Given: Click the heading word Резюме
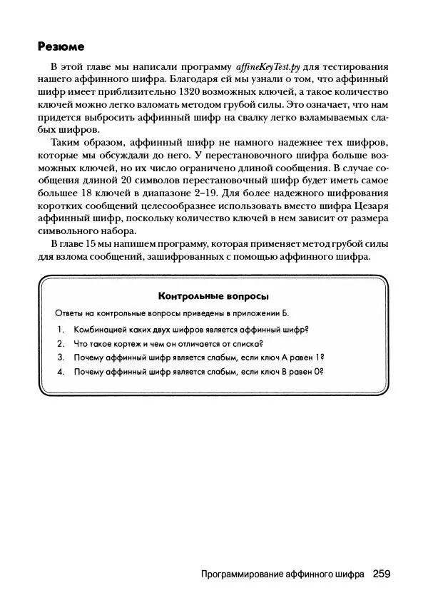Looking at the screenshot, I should pyautogui.click(x=61, y=47).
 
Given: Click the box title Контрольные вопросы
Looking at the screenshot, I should pyautogui.click(x=213, y=295).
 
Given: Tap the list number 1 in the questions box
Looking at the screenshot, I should pyautogui.click(x=61, y=329).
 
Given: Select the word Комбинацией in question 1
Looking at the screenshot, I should pyautogui.click(x=101, y=329).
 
